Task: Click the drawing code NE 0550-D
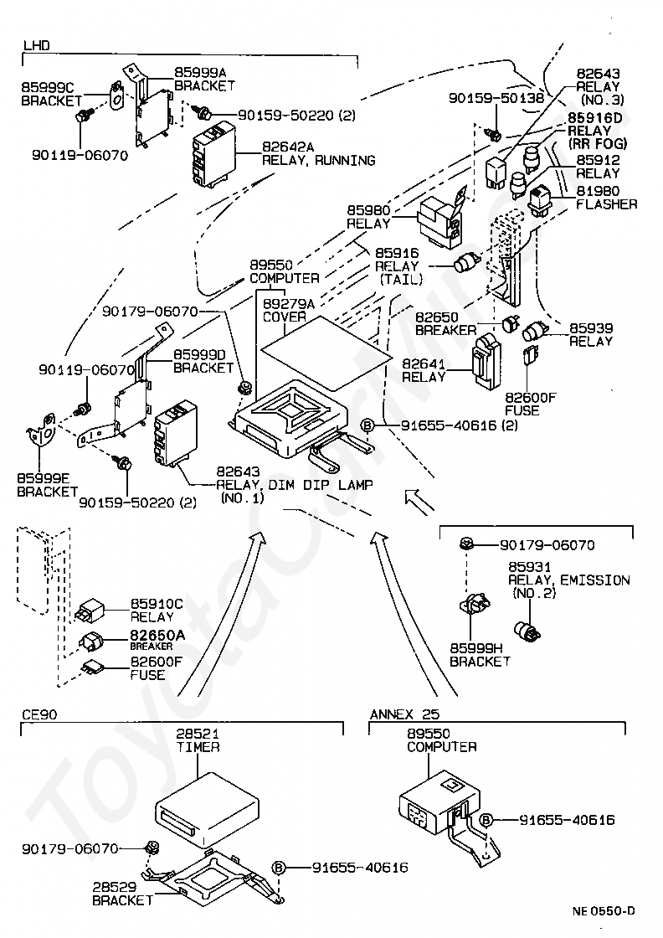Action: click(604, 911)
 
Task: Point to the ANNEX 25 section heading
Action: click(403, 714)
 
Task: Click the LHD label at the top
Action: click(36, 44)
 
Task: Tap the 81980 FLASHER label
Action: click(607, 198)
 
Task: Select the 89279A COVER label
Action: click(289, 311)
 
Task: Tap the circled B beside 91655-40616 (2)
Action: click(367, 425)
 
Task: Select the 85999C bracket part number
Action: click(47, 86)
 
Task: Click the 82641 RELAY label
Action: click(424, 370)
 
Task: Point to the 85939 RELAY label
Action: click(591, 334)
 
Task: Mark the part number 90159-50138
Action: click(496, 98)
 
